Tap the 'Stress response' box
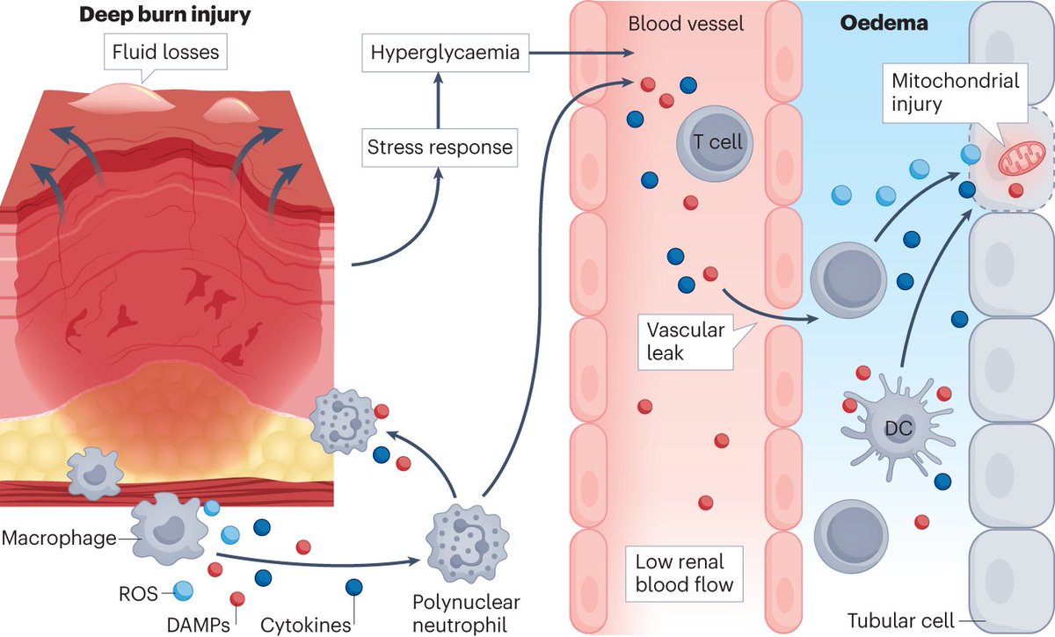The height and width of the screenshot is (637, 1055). click(x=440, y=147)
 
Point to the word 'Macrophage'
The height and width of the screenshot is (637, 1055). click(x=58, y=537)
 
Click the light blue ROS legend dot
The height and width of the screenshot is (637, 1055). click(x=183, y=591)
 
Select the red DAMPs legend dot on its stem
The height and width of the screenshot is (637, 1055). click(x=238, y=598)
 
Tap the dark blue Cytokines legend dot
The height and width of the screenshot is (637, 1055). click(x=354, y=587)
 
